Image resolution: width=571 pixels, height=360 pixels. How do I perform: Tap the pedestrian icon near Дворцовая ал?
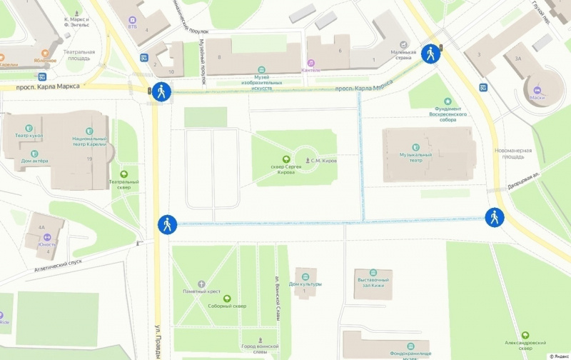click(x=495, y=217)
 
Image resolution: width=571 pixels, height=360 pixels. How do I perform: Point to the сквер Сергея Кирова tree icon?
click(x=286, y=159)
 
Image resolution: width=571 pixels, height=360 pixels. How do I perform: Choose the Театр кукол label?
click(x=29, y=135)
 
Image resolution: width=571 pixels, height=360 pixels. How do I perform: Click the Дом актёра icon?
click(x=34, y=152)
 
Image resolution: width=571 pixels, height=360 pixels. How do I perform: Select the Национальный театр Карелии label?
click(x=89, y=141)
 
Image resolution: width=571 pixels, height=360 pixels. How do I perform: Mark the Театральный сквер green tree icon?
click(x=123, y=173)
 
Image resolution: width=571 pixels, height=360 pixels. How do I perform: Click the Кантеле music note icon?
click(x=310, y=63)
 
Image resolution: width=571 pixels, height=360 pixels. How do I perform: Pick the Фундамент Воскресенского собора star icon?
click(x=448, y=101)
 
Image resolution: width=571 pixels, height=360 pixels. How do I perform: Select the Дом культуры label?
click(x=305, y=284)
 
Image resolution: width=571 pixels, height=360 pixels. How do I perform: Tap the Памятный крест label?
click(x=201, y=291)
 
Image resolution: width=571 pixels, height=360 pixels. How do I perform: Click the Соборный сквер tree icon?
click(x=227, y=298)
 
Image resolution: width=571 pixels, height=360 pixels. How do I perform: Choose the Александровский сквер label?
click(x=525, y=344)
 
